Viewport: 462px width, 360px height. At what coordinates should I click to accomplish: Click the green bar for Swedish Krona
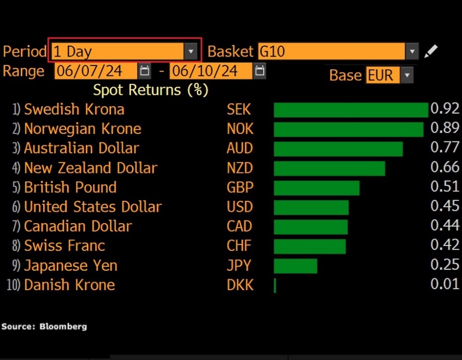click(x=350, y=110)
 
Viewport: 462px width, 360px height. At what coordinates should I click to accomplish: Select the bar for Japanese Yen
click(x=295, y=266)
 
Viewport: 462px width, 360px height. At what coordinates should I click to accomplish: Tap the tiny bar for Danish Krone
click(x=275, y=285)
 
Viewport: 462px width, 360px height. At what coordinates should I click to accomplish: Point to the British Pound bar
click(x=316, y=188)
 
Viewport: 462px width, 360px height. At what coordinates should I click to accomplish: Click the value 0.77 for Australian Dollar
click(x=445, y=148)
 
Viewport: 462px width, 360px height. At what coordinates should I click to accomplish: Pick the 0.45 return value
click(x=445, y=206)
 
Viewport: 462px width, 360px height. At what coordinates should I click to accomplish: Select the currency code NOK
click(x=240, y=129)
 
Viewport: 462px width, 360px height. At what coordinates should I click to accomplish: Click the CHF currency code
click(x=239, y=246)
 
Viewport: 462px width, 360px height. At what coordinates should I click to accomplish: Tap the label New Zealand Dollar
click(x=90, y=168)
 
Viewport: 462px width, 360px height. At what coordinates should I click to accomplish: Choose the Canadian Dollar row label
click(x=77, y=226)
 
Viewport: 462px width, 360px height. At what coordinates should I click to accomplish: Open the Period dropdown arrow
click(x=191, y=51)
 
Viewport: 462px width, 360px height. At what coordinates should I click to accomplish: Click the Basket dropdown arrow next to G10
click(x=412, y=51)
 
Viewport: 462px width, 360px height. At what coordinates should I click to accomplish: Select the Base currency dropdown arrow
click(x=407, y=76)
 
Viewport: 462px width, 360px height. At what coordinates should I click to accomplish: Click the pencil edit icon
click(x=430, y=51)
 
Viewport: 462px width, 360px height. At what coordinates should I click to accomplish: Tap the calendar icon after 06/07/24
click(x=145, y=71)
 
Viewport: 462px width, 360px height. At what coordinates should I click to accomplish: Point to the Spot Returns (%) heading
click(x=151, y=90)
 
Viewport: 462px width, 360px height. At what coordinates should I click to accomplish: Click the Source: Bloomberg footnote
click(x=44, y=327)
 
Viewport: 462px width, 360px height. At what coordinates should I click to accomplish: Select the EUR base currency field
click(x=381, y=76)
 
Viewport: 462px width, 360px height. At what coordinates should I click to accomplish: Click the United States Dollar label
click(x=93, y=207)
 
